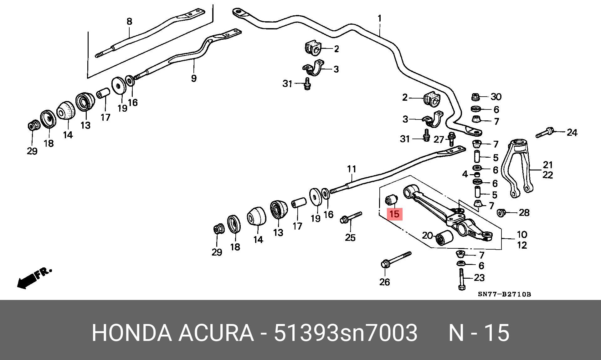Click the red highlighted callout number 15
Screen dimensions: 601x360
pyautogui.click(x=395, y=214)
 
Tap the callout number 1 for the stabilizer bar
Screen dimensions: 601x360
pyautogui.click(x=380, y=19)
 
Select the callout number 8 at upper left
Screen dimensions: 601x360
pyautogui.click(x=129, y=22)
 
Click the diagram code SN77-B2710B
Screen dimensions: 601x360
pyautogui.click(x=504, y=294)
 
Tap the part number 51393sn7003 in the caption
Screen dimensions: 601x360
pyautogui.click(x=346, y=333)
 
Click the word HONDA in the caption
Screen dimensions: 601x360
pyautogui.click(x=132, y=333)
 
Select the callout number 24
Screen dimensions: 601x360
pyautogui.click(x=572, y=133)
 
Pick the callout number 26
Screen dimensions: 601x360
pyautogui.click(x=385, y=282)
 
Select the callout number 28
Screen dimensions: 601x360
pyautogui.click(x=524, y=213)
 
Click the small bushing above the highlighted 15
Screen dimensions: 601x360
pyautogui.click(x=391, y=200)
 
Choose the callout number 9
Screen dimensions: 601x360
pyautogui.click(x=194, y=78)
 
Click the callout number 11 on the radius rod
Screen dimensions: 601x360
pyautogui.click(x=352, y=169)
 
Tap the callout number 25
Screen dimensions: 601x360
pyautogui.click(x=350, y=238)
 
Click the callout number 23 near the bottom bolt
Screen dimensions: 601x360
pyautogui.click(x=479, y=278)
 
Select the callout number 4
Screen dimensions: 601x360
pyautogui.click(x=465, y=174)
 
